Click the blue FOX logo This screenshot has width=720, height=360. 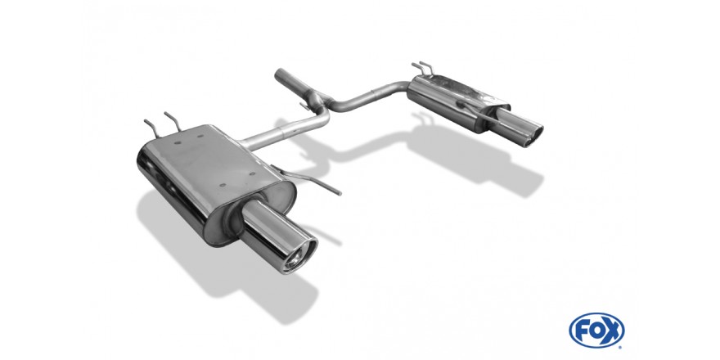click(x=596, y=331)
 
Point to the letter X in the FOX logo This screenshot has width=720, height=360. click(x=612, y=331)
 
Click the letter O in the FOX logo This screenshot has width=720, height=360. click(x=596, y=331)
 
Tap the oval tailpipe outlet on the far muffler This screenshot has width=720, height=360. click(x=533, y=137)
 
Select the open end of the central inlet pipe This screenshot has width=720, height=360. click(x=279, y=74)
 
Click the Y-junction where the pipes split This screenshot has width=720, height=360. click(x=321, y=101)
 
